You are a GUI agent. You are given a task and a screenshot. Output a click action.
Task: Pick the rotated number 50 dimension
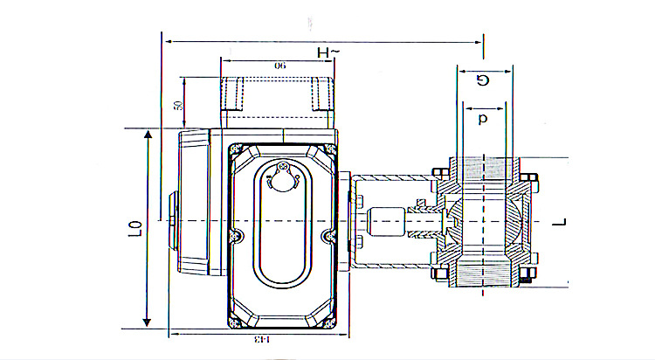(178, 105)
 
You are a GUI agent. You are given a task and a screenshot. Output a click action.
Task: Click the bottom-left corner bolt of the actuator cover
(233, 320)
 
